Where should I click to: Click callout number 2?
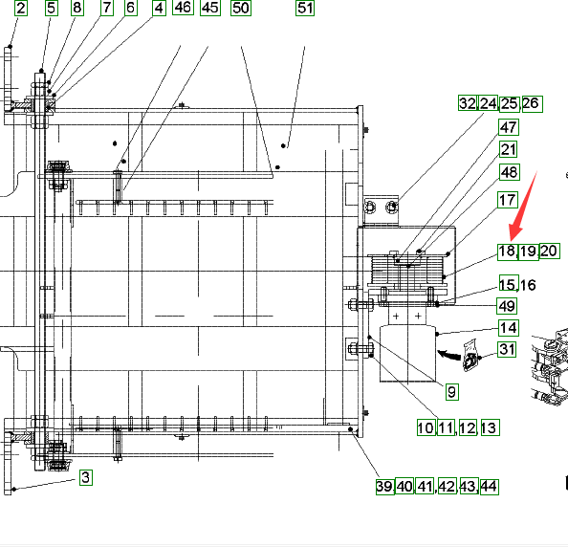(x=21, y=8)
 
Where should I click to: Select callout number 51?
(x=305, y=8)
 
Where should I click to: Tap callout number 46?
(x=183, y=8)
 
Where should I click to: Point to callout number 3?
(x=85, y=477)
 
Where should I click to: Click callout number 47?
(x=509, y=127)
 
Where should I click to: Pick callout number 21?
(x=508, y=149)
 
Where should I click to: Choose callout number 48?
(x=510, y=172)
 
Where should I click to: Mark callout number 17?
(x=508, y=200)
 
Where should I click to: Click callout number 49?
(x=507, y=306)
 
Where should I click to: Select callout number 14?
(x=508, y=328)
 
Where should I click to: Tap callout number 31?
(x=507, y=350)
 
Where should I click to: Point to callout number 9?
(x=451, y=392)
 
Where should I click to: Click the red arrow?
(x=523, y=206)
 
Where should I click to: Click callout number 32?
(x=468, y=103)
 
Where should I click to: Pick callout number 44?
(x=489, y=487)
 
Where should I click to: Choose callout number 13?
(x=489, y=427)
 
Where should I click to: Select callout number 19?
(x=528, y=252)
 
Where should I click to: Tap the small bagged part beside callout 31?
(x=470, y=356)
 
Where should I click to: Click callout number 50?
(x=241, y=8)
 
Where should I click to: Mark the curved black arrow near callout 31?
(x=449, y=355)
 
